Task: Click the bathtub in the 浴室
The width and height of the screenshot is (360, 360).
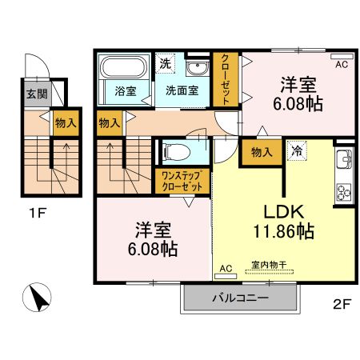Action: click(x=125, y=66)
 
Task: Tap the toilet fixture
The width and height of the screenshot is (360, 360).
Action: click(x=176, y=152)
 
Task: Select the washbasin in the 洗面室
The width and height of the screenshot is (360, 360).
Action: click(x=198, y=68)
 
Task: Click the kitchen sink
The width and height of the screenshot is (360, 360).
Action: click(x=344, y=159)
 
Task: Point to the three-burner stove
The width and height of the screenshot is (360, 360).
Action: click(x=344, y=192)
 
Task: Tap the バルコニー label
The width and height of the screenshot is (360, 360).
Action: click(x=241, y=298)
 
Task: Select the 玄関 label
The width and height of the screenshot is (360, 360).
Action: click(x=37, y=94)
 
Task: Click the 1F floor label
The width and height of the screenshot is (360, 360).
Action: click(x=38, y=213)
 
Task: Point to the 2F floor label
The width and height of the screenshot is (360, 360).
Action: click(x=342, y=304)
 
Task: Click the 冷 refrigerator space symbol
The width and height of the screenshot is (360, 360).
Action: click(x=297, y=150)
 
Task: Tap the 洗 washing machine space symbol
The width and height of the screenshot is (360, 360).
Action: click(x=166, y=63)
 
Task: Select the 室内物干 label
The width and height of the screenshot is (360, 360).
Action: click(x=269, y=265)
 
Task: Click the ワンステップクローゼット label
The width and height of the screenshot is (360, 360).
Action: click(x=182, y=181)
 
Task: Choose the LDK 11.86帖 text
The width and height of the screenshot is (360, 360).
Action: click(x=284, y=221)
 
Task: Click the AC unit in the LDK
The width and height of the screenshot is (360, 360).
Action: click(x=226, y=276)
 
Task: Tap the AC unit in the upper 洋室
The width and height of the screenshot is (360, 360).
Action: click(x=342, y=56)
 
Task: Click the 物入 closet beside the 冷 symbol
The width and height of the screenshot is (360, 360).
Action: click(x=262, y=152)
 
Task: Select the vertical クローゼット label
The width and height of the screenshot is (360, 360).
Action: click(x=226, y=79)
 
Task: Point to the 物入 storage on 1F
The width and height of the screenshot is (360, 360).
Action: click(x=66, y=123)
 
